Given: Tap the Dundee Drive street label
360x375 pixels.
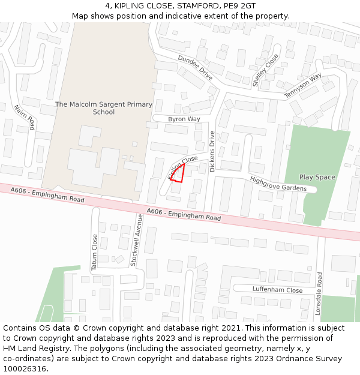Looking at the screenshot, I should pyautogui.click(x=195, y=68).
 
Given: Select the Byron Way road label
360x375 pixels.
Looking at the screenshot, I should pyautogui.click(x=184, y=119).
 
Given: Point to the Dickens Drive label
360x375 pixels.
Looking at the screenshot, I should pyautogui.click(x=212, y=152).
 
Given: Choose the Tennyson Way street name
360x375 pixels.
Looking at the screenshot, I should pyautogui.click(x=303, y=85).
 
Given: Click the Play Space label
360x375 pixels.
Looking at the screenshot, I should pyautogui.click(x=317, y=177).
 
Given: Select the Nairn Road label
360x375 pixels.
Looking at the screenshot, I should pyautogui.click(x=25, y=117).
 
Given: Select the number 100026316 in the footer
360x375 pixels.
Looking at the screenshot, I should pyautogui.click(x=25, y=368).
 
